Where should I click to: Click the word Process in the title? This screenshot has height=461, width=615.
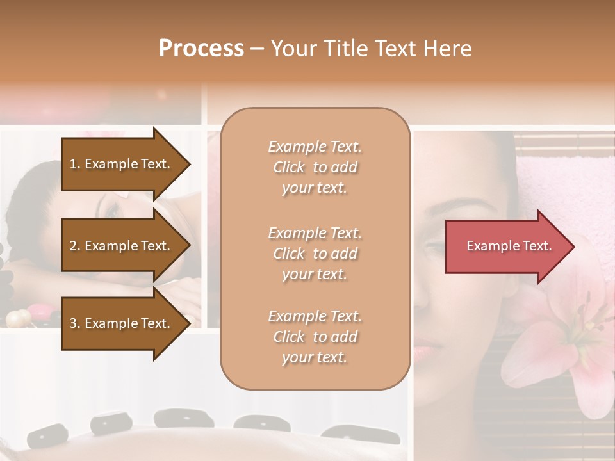coord(201,49)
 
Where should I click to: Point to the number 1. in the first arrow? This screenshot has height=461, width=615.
coord(75,164)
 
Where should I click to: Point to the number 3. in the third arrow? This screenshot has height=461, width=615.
coord(75,323)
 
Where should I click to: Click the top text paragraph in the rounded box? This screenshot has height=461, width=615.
coord(315,167)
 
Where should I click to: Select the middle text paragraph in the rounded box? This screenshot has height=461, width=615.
coord(315,254)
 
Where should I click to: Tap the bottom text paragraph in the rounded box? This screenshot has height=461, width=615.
coord(315,337)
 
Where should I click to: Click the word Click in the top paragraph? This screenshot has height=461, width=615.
coord(289,167)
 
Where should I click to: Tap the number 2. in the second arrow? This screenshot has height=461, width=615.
coord(75,246)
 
